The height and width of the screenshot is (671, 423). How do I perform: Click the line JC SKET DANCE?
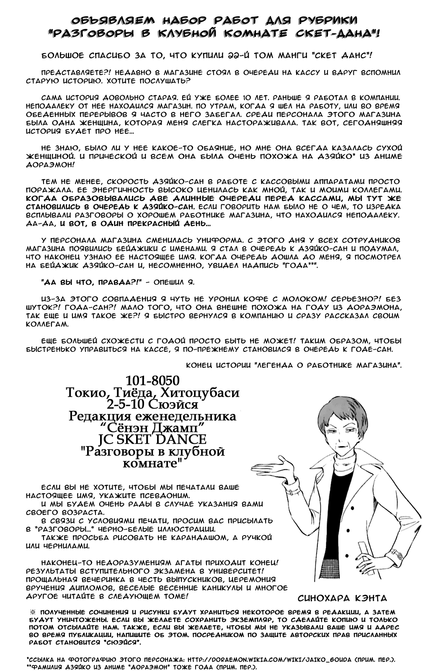coord(152,440)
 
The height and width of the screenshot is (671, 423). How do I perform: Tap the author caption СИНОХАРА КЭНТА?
coord(342,598)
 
